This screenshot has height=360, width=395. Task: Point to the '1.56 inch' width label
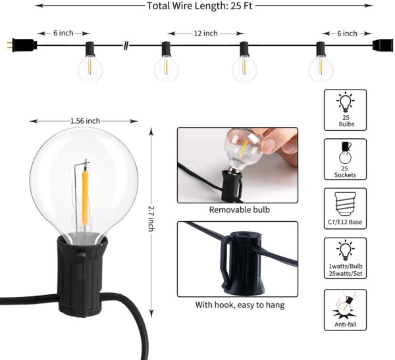click(x=85, y=120)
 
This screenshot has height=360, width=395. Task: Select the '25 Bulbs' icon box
click(x=345, y=110)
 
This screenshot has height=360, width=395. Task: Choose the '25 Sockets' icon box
click(x=345, y=159)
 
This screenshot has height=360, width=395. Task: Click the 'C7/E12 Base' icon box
click(x=345, y=208)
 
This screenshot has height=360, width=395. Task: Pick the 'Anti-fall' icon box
click(x=345, y=309)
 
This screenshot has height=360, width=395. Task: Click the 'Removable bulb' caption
click(x=236, y=210)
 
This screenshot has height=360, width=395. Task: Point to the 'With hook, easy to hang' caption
click(x=236, y=305)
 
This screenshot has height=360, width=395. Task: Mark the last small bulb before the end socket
click(x=321, y=66)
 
